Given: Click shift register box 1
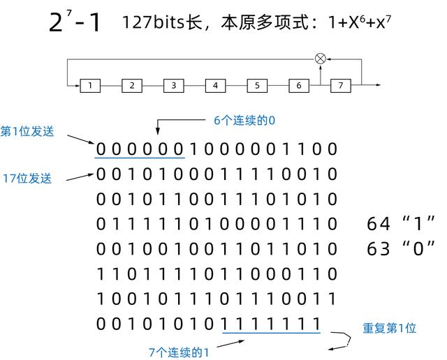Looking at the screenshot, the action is click(x=90, y=85).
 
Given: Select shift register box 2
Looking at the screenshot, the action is click(x=132, y=85).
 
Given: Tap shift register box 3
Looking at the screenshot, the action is click(x=174, y=85).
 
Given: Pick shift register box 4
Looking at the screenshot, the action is click(x=216, y=85).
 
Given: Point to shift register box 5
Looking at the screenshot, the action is click(x=257, y=85).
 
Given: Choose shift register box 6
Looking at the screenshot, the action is click(x=299, y=85).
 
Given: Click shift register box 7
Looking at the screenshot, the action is click(x=341, y=85).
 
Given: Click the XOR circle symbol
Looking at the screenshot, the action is click(x=321, y=59).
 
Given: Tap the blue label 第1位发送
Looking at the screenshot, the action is click(x=27, y=132).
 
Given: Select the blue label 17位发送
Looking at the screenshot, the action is click(x=27, y=179).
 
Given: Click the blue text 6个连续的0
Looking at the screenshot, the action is click(x=244, y=121).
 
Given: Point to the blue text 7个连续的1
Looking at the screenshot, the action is click(x=179, y=352).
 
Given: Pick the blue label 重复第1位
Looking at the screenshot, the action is click(x=389, y=328).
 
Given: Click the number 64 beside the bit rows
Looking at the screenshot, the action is click(x=379, y=224).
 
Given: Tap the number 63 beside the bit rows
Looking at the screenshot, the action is click(x=379, y=248).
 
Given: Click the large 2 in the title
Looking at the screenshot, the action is click(x=56, y=22).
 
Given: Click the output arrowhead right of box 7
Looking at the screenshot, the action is click(x=378, y=85).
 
